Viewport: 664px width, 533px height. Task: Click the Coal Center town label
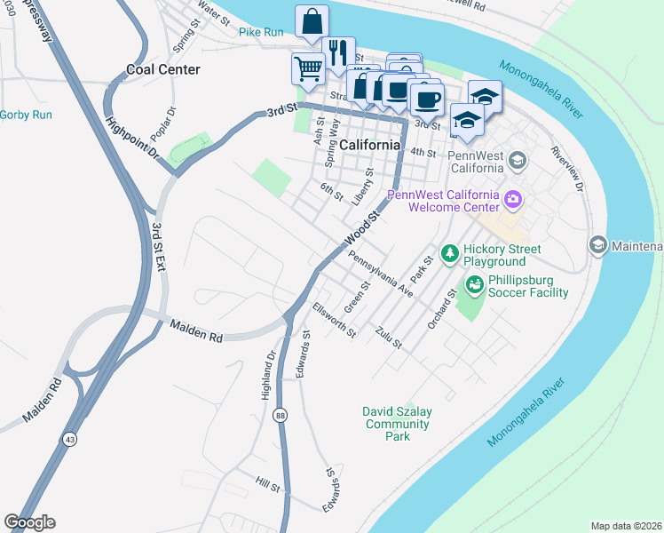(x=163, y=69)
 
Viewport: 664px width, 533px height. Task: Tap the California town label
(x=369, y=145)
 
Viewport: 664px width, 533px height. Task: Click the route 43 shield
(x=69, y=439)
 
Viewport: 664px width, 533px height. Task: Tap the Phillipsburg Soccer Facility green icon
(x=475, y=283)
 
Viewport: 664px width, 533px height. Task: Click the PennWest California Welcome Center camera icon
(x=512, y=199)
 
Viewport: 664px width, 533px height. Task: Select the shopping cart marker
(x=308, y=68)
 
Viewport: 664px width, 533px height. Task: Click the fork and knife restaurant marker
(x=338, y=52)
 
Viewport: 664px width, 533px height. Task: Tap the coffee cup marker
(x=427, y=99)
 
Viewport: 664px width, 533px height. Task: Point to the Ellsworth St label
(x=334, y=321)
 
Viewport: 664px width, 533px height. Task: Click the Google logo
(x=29, y=522)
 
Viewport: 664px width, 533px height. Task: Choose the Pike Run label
(x=261, y=32)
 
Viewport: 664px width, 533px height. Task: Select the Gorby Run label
(x=26, y=115)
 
